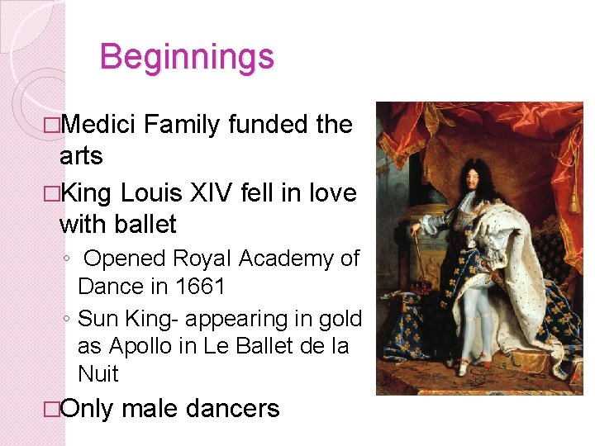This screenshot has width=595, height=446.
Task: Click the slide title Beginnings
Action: pos(186,58)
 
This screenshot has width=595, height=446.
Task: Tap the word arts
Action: pos(81,156)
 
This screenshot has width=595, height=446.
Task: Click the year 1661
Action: pos(201,287)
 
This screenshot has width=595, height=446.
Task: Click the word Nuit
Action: pos(98,374)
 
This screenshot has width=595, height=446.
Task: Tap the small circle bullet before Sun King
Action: pos(67,318)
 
